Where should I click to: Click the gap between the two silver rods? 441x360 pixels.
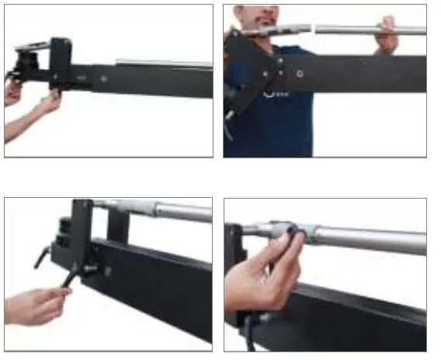tap(314, 31)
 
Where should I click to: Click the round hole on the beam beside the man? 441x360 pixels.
tap(300, 74)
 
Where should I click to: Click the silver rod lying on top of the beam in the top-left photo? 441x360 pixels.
tap(163, 63)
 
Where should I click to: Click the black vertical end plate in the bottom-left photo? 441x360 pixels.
tap(81, 233)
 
